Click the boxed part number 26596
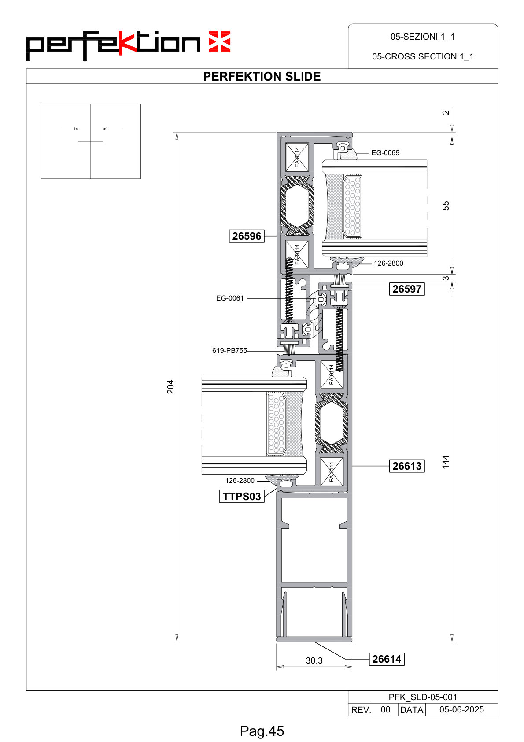click(247, 236)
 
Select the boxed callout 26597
click(407, 289)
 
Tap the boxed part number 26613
click(407, 466)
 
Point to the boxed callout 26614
click(387, 659)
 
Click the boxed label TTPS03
click(242, 496)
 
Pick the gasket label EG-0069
click(385, 153)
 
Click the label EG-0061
click(230, 298)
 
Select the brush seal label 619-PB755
click(229, 350)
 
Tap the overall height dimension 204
click(170, 386)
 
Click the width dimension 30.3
click(314, 660)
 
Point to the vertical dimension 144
click(446, 462)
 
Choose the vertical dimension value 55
click(446, 206)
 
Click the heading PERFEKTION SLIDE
click(262, 77)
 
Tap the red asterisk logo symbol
click(219, 42)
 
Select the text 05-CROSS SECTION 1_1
click(423, 57)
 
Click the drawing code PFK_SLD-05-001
click(423, 697)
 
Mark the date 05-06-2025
click(461, 709)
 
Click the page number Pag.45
click(262, 731)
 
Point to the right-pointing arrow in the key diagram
click(70, 129)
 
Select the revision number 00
click(385, 709)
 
